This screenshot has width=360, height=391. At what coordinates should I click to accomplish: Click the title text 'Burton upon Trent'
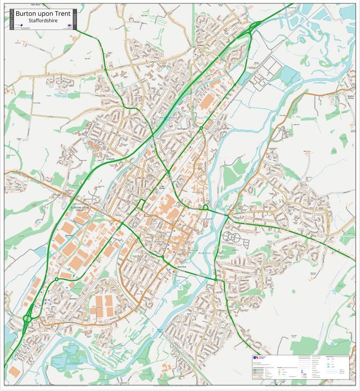43,14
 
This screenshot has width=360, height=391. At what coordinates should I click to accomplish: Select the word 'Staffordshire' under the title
43,20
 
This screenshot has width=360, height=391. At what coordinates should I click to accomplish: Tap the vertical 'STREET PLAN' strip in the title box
11,19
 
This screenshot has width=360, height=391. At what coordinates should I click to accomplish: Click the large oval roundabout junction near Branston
28,318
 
